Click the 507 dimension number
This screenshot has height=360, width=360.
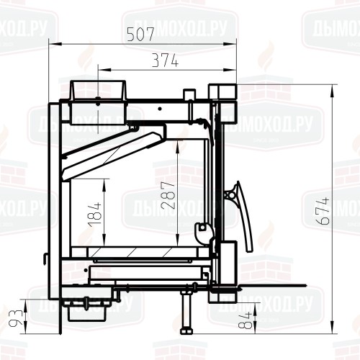coord(140,34)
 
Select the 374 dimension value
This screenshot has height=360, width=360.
coord(166,60)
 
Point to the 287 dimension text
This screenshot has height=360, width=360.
coord(168,195)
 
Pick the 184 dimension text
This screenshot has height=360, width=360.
coord(95,215)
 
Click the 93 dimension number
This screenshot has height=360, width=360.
coord(15,318)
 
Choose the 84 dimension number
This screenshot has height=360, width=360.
coord(246,320)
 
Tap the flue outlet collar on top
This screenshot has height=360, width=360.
coord(98,91)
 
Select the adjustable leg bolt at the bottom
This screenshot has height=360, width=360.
coord(186,312)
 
